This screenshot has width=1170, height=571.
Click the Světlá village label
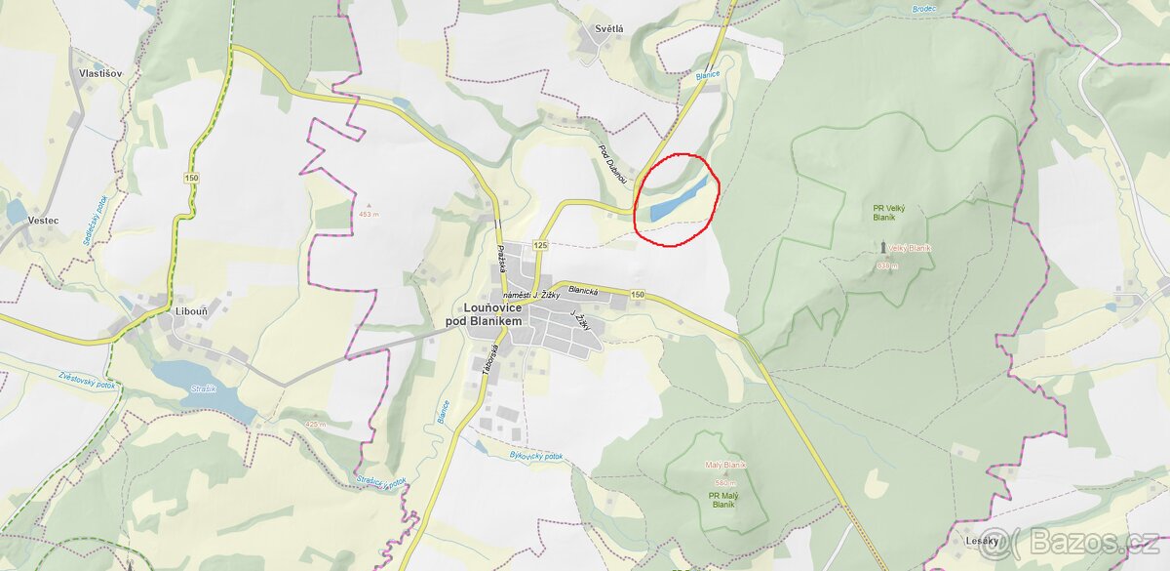point(607,29)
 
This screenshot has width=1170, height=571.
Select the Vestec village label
point(43,221)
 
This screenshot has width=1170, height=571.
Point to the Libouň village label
point(190,311)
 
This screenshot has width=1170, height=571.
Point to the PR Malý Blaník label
point(722,499)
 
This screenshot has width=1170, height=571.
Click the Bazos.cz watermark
point(1082,543)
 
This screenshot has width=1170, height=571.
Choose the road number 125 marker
point(540,243)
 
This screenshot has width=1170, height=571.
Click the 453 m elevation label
point(368,214)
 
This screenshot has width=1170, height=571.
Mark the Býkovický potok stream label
point(536,456)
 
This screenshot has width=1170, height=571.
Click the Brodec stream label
point(924,9)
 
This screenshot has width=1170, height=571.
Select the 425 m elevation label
point(314,425)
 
